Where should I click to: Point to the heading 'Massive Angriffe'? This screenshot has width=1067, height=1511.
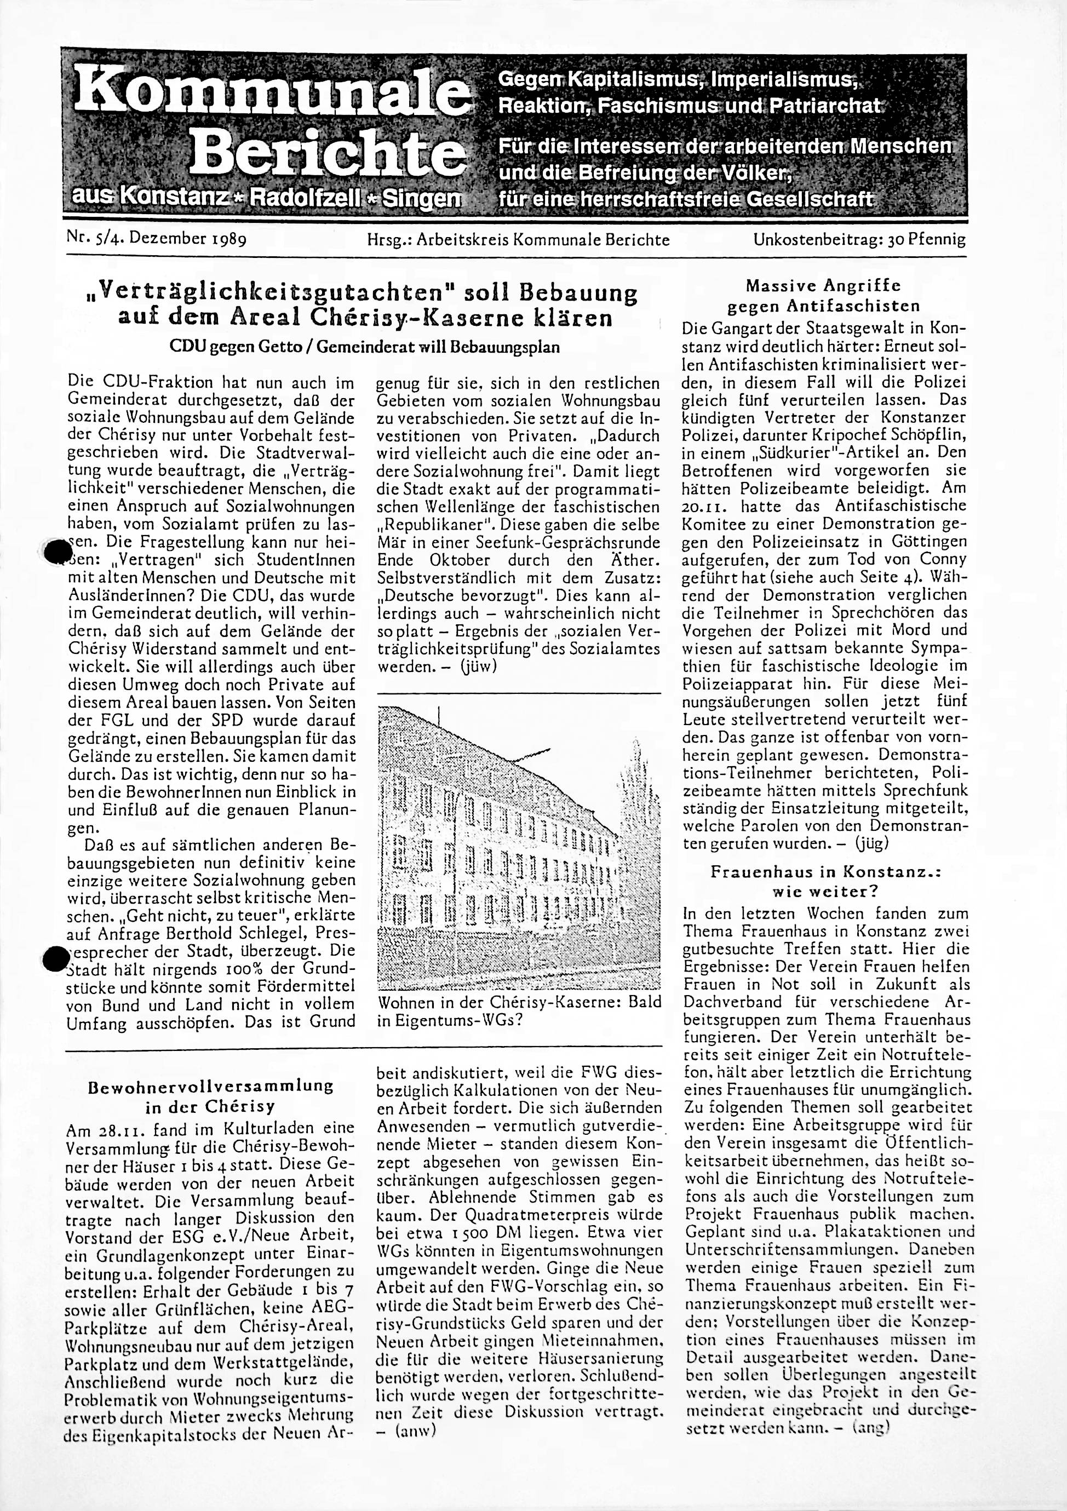tap(823, 286)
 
